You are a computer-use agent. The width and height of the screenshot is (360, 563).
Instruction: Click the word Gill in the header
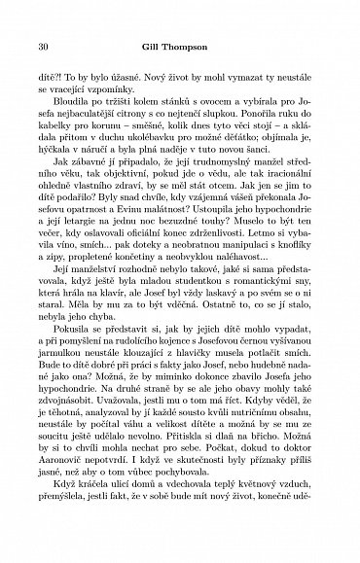(159, 46)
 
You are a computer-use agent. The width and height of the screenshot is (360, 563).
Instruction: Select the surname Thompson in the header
(196, 46)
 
